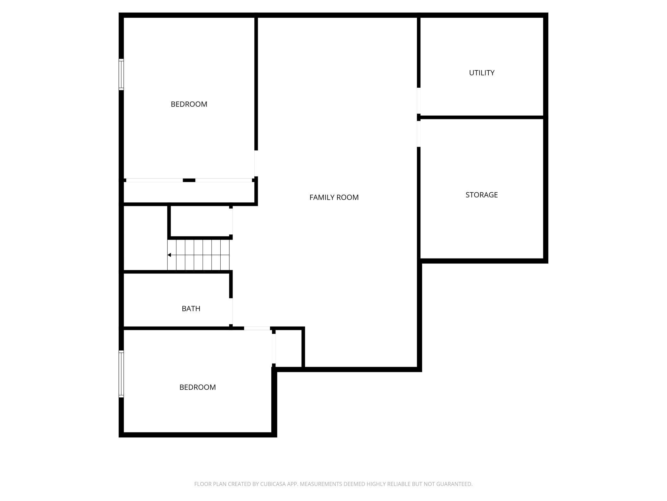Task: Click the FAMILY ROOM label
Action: click(334, 198)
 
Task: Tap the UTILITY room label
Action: click(482, 73)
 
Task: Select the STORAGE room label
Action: click(482, 195)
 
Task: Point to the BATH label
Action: click(191, 309)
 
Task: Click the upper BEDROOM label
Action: click(189, 104)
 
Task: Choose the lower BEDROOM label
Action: click(198, 387)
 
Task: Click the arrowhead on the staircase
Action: click(169, 255)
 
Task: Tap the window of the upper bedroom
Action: click(121, 74)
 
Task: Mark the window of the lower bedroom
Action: click(121, 374)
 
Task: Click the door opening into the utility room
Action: click(419, 101)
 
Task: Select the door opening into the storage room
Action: click(419, 134)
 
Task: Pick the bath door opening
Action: click(231, 311)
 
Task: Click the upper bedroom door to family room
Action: click(256, 163)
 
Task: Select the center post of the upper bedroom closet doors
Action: click(189, 180)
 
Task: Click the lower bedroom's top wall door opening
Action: click(257, 328)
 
